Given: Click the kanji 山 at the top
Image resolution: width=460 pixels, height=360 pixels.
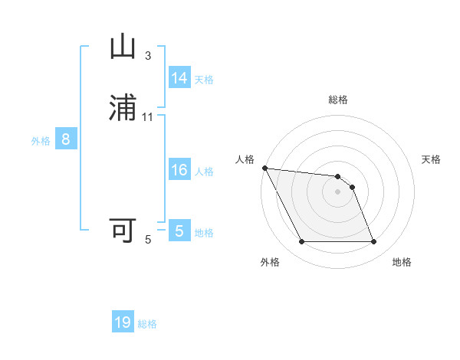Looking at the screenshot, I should pos(123,47).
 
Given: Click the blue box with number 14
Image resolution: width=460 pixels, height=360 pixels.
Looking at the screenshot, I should pos(179,78).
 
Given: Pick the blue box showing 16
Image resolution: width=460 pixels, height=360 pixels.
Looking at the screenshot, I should pos(179,170).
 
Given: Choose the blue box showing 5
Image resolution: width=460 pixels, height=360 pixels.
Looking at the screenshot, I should pos(179,231).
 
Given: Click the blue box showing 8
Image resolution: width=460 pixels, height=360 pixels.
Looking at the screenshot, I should pos(66,139).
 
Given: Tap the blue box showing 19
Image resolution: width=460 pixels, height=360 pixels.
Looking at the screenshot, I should pos(123,322).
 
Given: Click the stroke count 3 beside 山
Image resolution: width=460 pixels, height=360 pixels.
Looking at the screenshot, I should pos(148,56).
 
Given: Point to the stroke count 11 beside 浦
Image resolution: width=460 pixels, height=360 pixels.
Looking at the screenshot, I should pos(148,117).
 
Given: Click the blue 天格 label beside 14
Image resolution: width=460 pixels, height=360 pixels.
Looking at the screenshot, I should pos(204,80).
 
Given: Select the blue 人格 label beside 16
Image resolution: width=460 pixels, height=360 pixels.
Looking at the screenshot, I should pos(204,172).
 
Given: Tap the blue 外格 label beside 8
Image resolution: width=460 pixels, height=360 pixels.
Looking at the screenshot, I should pos(41,141).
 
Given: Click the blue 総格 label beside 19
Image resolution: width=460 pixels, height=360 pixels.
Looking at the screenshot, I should pos(147,324).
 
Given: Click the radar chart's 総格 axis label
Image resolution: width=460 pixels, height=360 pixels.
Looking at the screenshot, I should pos(338,100).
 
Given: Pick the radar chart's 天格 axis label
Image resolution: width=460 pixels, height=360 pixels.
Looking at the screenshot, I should pos(431,159).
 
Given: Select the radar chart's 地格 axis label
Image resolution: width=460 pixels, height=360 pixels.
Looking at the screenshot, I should pos(402,262).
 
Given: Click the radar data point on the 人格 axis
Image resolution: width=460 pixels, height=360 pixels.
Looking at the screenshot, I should pos(264,168).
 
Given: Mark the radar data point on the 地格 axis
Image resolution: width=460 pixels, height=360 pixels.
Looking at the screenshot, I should pos(373,242).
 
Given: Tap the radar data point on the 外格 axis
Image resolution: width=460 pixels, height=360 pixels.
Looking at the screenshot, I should pos(301,242).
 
